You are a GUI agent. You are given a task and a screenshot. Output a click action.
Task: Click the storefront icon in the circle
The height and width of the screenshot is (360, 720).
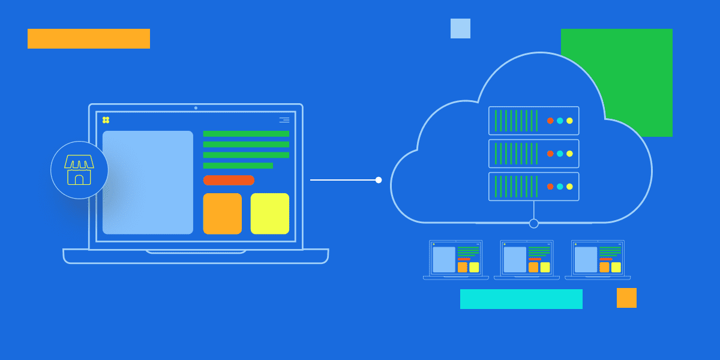pos(79,170)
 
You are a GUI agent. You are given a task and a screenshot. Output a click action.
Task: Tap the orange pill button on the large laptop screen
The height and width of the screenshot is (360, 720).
pos(229,180)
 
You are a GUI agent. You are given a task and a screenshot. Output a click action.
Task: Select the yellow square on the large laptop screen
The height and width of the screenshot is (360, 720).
pos(269,214)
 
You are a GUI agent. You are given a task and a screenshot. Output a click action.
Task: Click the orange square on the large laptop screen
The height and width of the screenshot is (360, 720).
pos(222,214)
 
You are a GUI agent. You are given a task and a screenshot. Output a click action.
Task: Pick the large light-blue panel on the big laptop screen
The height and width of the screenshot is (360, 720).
pos(148,182)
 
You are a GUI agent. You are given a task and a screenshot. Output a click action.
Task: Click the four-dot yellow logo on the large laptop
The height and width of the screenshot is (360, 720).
pos(106,120)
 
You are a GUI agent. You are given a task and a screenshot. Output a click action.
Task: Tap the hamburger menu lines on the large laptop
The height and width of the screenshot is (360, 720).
pos(284,120)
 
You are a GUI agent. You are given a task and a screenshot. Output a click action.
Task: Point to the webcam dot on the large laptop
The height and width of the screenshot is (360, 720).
pos(196,108)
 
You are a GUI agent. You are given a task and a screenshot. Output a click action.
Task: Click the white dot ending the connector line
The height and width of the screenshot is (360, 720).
pos(379,180)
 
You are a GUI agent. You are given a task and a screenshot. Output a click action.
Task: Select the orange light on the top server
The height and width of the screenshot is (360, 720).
pos(550,121)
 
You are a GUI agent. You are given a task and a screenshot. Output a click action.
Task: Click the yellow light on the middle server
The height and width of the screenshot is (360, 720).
pos(569,154)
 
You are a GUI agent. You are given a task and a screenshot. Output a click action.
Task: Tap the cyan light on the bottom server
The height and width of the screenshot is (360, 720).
pos(560,187)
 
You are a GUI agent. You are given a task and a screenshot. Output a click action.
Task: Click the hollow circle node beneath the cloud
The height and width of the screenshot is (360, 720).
pos(533,224)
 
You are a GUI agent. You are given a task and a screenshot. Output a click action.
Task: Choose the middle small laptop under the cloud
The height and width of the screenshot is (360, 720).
pos(527,259)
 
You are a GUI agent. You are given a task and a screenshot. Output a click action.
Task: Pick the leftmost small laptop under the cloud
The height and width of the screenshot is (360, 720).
pos(456,259)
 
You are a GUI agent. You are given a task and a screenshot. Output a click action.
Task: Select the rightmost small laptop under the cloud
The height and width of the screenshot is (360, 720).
pos(598,259)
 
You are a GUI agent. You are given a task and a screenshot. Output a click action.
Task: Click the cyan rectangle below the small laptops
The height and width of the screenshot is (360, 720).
pos(521,299)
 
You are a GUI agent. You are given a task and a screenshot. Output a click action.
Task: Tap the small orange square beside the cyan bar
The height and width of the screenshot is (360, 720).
pos(626,298)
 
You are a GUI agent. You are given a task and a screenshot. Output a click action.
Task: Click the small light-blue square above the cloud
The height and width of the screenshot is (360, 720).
pos(460,28)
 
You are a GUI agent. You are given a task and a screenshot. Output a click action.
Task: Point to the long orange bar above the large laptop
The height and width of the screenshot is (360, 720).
pos(89,38)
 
